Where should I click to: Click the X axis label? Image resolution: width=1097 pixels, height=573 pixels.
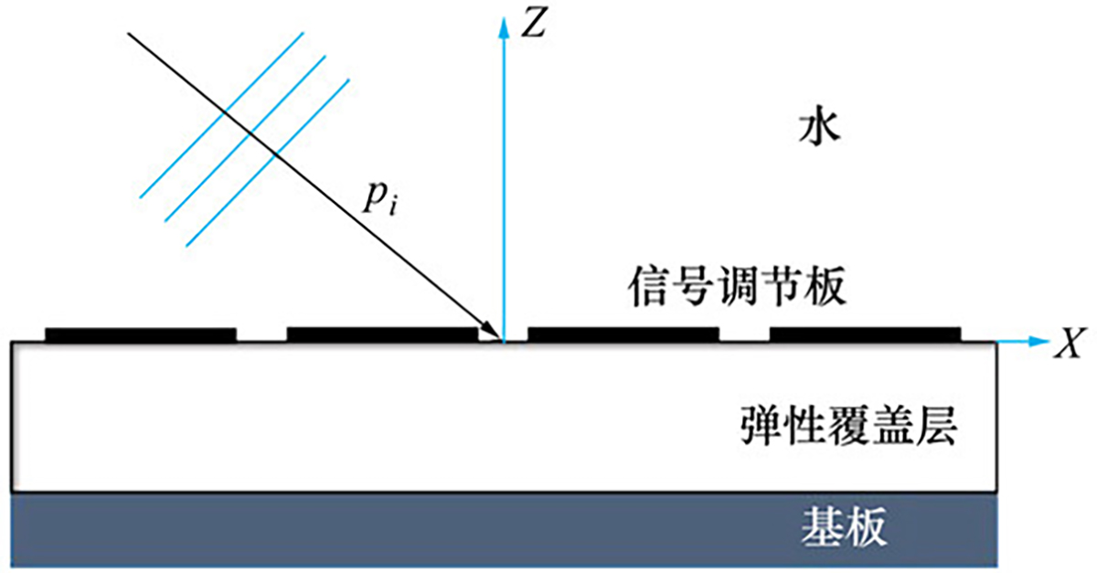1066,344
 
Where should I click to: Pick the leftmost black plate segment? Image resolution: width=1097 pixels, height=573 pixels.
141,334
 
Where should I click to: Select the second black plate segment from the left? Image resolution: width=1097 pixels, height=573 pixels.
382,334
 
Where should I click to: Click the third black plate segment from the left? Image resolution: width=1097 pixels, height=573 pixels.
623,334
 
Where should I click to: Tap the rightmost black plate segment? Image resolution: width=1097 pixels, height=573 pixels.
865,334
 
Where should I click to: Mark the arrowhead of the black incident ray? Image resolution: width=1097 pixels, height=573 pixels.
494,334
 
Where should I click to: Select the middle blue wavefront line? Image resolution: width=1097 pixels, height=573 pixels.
244,138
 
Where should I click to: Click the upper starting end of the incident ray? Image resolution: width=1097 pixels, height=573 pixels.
129,34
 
